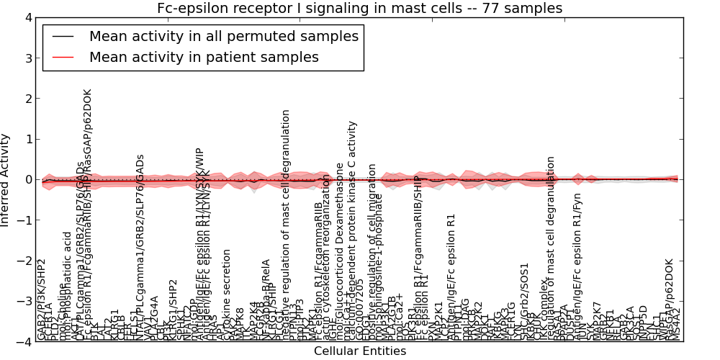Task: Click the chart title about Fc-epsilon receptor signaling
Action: click(360, 8)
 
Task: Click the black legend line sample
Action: click(63, 36)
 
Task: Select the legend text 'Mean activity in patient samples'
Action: click(204, 58)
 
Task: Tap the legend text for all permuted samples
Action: click(223, 36)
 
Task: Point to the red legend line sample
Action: click(63, 58)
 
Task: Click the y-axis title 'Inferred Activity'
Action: click(6, 179)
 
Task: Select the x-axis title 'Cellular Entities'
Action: click(360, 351)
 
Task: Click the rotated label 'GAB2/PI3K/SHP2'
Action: click(41, 300)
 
